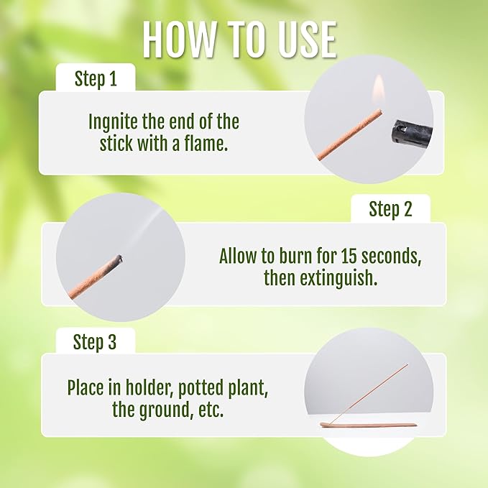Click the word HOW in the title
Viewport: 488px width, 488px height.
[x=179, y=40]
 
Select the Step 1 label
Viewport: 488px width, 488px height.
[x=96, y=79]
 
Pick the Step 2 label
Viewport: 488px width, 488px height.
[x=390, y=209]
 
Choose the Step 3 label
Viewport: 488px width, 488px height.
[x=95, y=342]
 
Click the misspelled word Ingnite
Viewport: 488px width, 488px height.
[x=114, y=122]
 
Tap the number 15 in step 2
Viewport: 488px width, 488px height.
[x=349, y=256]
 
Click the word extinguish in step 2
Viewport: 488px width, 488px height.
[x=339, y=279]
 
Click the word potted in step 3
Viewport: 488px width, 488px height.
[x=200, y=389]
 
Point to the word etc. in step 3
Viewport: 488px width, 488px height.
[x=211, y=410]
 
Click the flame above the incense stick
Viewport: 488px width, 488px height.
[x=379, y=90]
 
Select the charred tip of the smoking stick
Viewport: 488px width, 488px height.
[x=117, y=259]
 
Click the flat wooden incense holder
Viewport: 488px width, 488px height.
[x=369, y=425]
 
